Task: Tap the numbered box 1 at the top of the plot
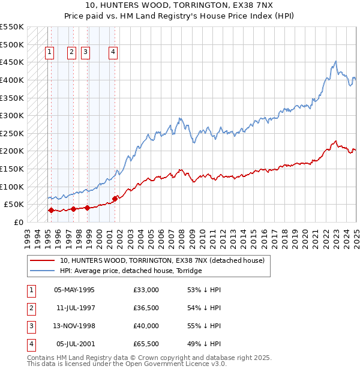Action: (49, 52)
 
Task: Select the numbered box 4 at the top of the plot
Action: (113, 52)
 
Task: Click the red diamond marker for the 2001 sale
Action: (115, 199)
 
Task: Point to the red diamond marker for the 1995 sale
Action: (51, 211)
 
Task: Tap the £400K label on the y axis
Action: (12, 80)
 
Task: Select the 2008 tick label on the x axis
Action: (182, 235)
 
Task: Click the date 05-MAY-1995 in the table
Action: (74, 290)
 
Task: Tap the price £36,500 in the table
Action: (146, 308)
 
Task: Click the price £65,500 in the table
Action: (146, 344)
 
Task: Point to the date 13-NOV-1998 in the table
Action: (74, 326)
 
